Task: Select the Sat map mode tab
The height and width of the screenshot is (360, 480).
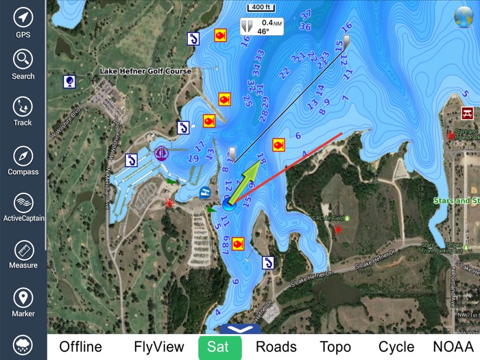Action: (x=219, y=347)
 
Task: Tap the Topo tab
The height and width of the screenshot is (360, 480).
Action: (x=335, y=347)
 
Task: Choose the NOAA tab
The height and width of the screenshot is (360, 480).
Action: (x=453, y=347)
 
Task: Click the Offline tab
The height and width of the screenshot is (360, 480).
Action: (x=80, y=347)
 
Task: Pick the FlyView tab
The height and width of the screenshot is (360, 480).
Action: (x=159, y=347)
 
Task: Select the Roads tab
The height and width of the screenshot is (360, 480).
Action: (x=276, y=347)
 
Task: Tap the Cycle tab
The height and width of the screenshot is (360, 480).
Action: (x=396, y=347)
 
